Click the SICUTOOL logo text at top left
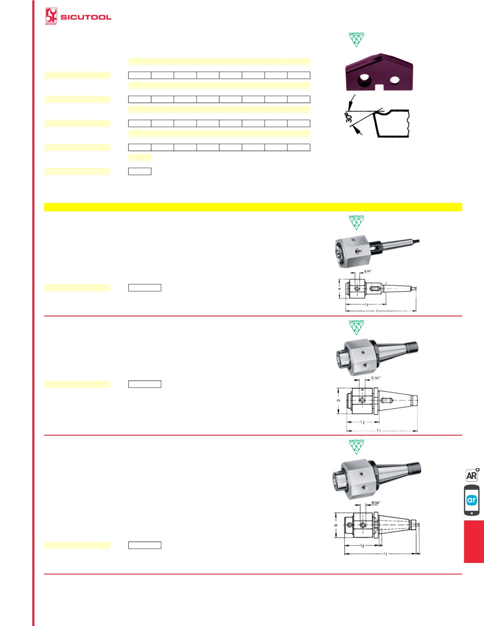(86, 17)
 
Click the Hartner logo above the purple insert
(356, 39)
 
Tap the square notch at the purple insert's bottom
(379, 87)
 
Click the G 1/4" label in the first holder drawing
(368, 271)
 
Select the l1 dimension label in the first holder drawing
(378, 311)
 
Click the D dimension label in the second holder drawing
(339, 400)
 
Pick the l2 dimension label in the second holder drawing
(363, 422)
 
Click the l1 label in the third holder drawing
(385, 553)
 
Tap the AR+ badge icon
(472, 475)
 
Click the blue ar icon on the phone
(472, 500)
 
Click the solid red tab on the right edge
(474, 541)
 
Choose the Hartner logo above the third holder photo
(356, 446)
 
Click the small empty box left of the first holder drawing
(144, 288)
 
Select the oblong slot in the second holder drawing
(386, 400)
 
